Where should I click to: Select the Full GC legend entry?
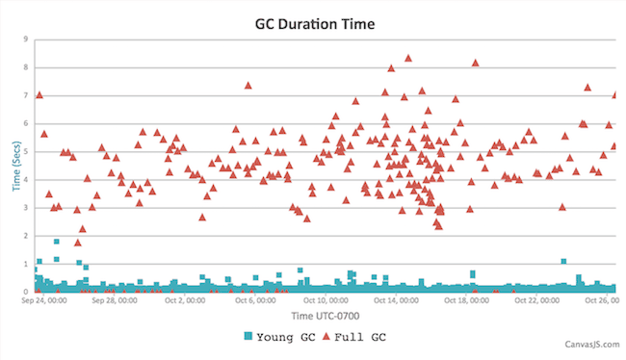(359, 336)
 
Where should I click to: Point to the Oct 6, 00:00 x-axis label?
(257, 300)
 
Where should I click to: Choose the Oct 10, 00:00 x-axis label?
(328, 300)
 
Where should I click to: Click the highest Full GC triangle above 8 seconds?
(408, 59)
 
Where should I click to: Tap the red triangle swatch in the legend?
(326, 336)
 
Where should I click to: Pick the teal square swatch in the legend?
(249, 336)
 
